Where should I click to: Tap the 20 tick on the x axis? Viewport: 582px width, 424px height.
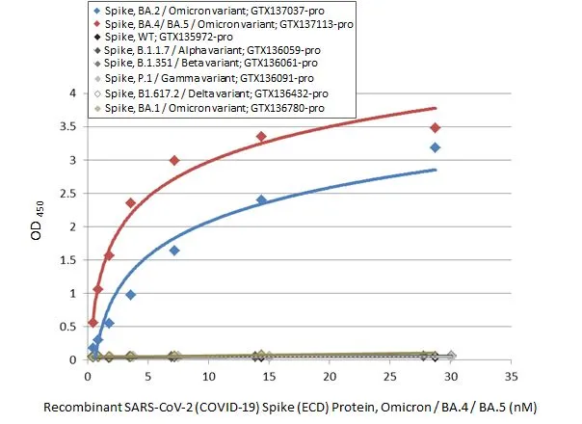[330, 376]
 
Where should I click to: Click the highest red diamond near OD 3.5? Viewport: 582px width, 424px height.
[436, 127]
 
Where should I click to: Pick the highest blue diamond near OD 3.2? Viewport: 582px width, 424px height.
[436, 147]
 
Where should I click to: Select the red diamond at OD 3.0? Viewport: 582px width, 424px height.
[174, 160]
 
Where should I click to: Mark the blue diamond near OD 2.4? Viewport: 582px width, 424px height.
[261, 200]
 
